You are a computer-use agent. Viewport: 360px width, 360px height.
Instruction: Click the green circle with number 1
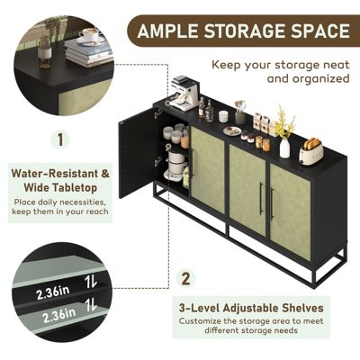click(x=61, y=139)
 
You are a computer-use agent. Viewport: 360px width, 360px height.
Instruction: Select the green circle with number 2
click(x=186, y=278)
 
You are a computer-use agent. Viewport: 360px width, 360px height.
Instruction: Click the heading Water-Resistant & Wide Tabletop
click(x=61, y=179)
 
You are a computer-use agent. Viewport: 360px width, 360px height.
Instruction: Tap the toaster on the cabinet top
click(x=311, y=151)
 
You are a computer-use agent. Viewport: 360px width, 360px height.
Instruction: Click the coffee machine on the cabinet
click(x=184, y=94)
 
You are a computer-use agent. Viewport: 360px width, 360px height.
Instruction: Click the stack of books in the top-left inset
click(x=89, y=54)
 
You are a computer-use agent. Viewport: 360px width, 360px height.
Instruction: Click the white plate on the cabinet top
click(x=232, y=131)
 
